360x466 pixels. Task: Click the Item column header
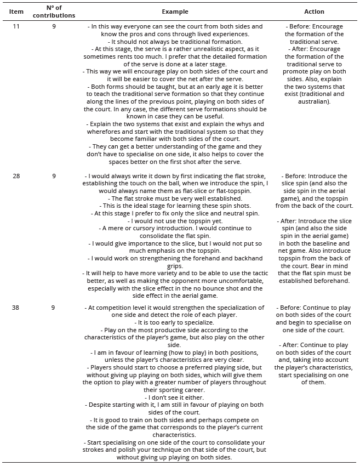pyautogui.click(x=17, y=12)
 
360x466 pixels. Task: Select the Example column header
pyautogui.click(x=175, y=12)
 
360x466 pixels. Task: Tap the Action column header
pyautogui.click(x=314, y=12)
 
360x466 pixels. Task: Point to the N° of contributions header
pyautogui.click(x=54, y=12)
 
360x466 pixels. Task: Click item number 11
pyautogui.click(x=17, y=26)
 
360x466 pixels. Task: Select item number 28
pyautogui.click(x=17, y=176)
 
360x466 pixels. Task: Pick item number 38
pyautogui.click(x=17, y=308)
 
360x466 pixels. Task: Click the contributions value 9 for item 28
pyautogui.click(x=54, y=176)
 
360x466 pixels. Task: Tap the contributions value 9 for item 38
pyautogui.click(x=54, y=308)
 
